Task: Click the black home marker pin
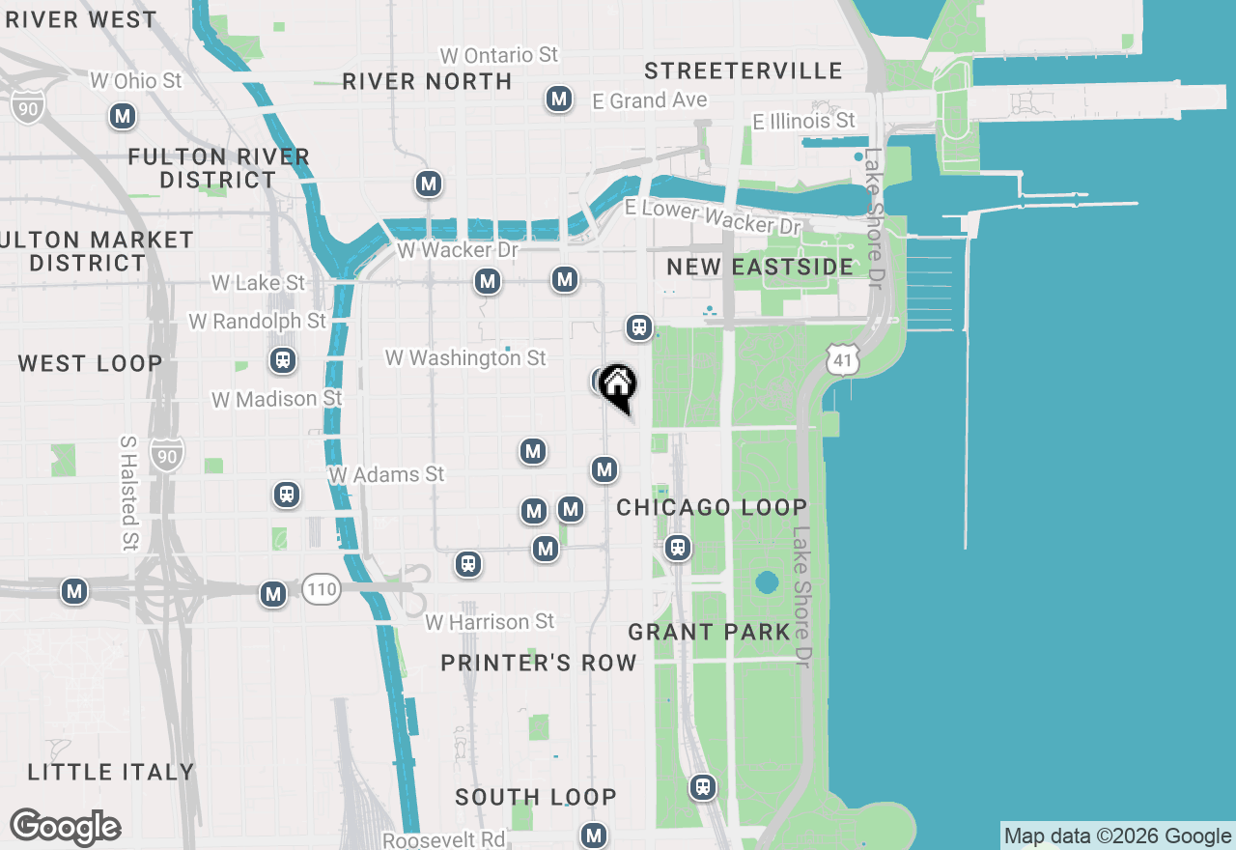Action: pos(618,387)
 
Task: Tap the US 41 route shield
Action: pos(842,360)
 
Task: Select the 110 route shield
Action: pos(321,589)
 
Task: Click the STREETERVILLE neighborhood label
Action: pos(743,71)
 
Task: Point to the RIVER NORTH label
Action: pos(427,81)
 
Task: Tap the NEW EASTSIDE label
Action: pos(760,267)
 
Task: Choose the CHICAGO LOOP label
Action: pos(712,507)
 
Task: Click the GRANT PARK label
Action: pos(709,632)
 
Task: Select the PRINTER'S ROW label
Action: pos(539,663)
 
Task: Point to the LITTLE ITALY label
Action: pos(111,772)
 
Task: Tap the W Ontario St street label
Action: pos(498,55)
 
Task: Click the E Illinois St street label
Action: pos(804,121)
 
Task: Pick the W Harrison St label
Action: pos(491,622)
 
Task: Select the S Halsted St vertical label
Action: pos(127,493)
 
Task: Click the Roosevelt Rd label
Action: pos(443,839)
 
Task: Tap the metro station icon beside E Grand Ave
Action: pos(558,99)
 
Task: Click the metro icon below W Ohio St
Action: pos(122,117)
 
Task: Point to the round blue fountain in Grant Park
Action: pos(767,582)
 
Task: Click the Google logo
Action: pos(66,827)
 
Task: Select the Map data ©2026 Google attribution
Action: pos(1117,836)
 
